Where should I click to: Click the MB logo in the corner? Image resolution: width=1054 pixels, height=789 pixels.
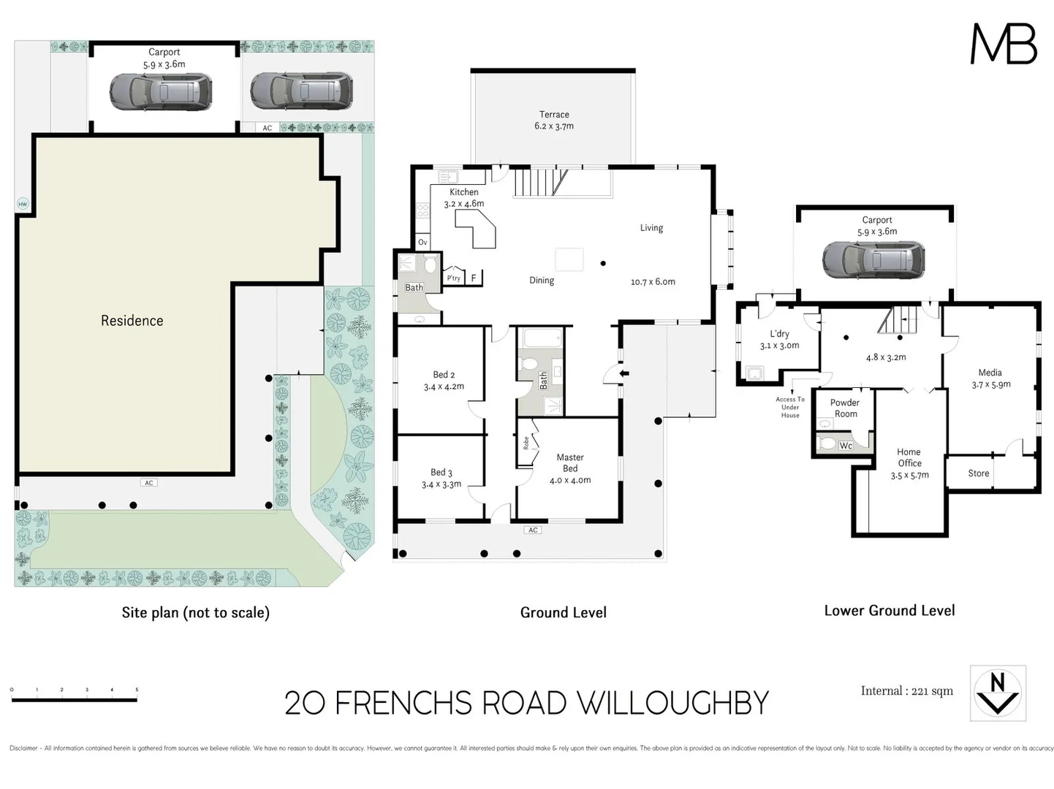click(1003, 45)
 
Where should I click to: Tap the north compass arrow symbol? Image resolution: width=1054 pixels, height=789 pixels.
click(998, 693)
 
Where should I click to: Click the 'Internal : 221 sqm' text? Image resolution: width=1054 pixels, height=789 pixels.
click(906, 691)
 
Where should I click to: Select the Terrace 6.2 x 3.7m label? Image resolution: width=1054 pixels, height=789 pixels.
click(554, 121)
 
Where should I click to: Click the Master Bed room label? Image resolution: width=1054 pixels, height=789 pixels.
click(570, 468)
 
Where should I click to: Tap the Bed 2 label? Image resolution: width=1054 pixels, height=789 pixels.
click(444, 381)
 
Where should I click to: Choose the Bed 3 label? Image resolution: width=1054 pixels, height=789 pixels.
click(441, 479)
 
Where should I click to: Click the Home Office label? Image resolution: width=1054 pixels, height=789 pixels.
click(909, 463)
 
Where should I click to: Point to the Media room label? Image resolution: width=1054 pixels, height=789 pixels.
click(990, 378)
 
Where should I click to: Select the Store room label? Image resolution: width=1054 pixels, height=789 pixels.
click(978, 473)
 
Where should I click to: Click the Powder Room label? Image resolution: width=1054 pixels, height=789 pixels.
click(845, 408)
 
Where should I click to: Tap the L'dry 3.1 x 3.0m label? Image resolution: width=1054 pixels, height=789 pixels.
click(779, 340)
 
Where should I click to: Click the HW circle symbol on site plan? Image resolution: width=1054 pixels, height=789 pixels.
click(23, 204)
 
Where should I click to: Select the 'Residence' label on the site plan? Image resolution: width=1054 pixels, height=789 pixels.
click(132, 321)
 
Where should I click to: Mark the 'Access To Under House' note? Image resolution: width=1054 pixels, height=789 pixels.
click(790, 407)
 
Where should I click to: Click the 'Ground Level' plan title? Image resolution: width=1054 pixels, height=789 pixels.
click(563, 612)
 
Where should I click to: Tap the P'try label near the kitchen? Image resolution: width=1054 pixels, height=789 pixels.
click(454, 278)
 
